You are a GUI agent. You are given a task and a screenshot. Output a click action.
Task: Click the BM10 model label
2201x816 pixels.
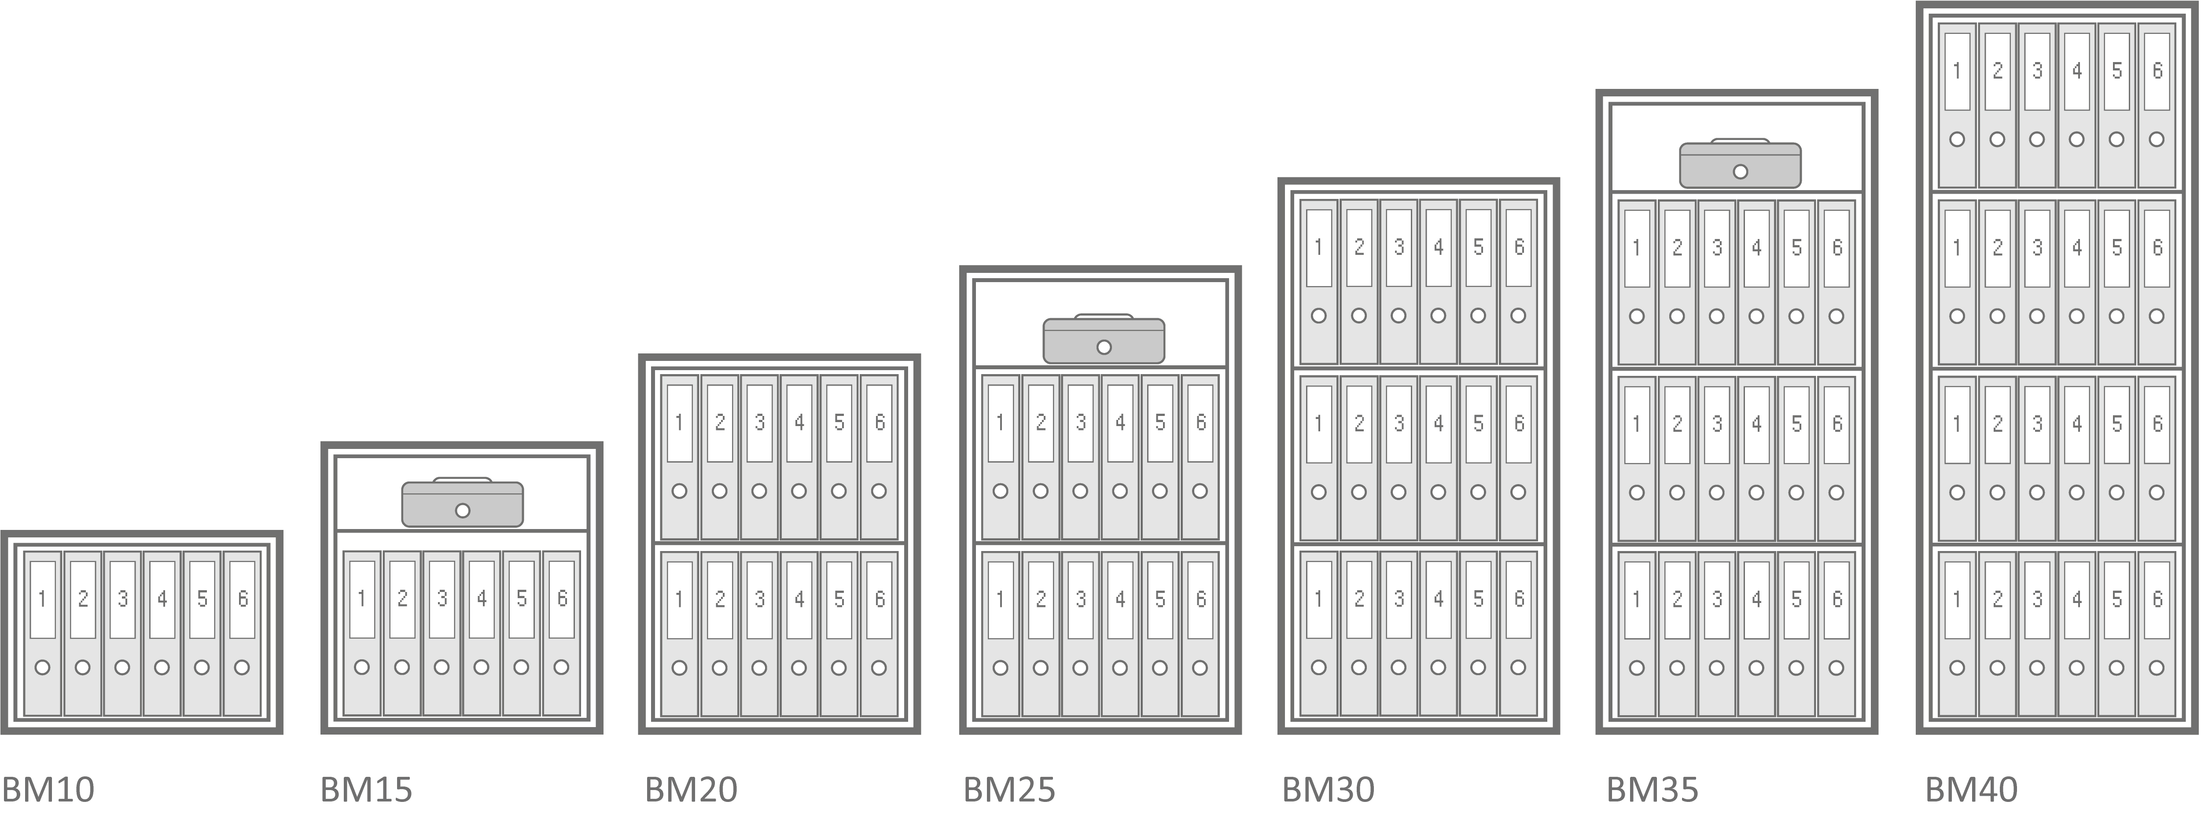(48, 790)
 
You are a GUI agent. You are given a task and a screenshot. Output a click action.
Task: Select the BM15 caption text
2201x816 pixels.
(367, 790)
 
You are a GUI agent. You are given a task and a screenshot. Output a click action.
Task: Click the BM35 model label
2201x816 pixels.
(1653, 790)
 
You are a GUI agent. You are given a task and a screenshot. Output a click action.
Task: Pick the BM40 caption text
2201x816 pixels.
(1971, 790)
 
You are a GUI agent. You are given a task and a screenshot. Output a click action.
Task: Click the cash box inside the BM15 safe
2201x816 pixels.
(462, 503)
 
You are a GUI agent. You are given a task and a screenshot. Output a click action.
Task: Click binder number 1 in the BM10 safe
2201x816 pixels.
(43, 633)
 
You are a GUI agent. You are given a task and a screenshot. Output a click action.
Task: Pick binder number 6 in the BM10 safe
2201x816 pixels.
(243, 633)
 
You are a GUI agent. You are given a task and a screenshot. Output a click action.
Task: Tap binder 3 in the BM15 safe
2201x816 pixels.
(442, 633)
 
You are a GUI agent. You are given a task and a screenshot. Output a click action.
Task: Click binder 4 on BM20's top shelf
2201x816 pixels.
(800, 457)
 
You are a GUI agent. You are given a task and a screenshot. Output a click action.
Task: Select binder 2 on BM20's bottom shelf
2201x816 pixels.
(719, 633)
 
